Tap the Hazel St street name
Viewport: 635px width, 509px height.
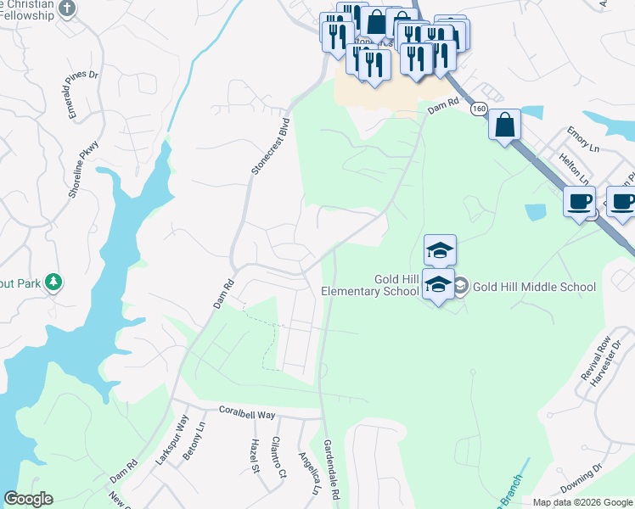pyautogui.click(x=252, y=457)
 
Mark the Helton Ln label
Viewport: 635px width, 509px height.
pyautogui.click(x=574, y=167)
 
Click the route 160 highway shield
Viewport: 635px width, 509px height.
pyautogui.click(x=479, y=109)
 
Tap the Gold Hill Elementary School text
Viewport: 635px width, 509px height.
pyautogui.click(x=371, y=286)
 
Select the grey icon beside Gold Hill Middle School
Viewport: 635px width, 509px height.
pyautogui.click(x=461, y=287)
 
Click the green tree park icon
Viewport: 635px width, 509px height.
pyautogui.click(x=53, y=281)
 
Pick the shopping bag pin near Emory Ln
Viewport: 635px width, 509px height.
pyautogui.click(x=504, y=126)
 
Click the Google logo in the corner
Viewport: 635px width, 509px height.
pyautogui.click(x=28, y=499)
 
